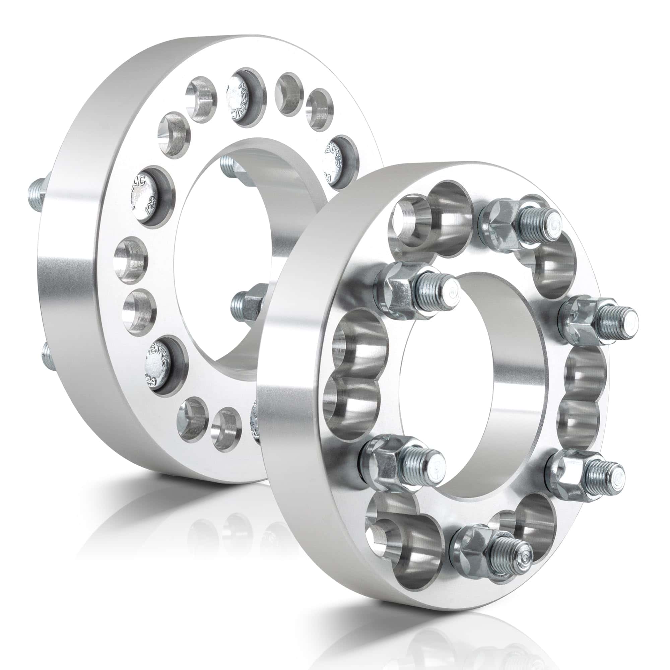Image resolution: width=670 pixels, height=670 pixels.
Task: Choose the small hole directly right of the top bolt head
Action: point(289,94)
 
